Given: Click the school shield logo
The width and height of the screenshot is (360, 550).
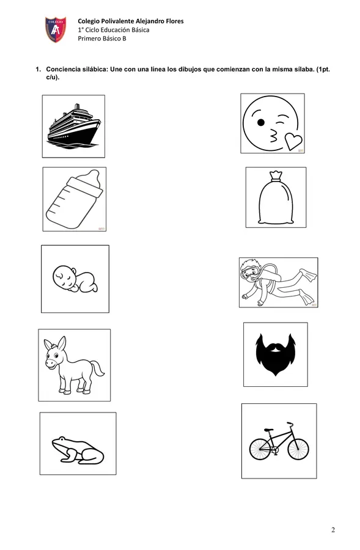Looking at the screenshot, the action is (x=56, y=29).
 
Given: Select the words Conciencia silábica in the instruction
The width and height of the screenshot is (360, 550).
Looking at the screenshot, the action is (x=76, y=69).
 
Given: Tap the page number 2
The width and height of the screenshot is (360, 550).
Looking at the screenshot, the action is (x=333, y=530).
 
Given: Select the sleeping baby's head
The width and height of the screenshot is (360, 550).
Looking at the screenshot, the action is (x=64, y=276).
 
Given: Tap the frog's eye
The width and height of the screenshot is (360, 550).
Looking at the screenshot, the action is (x=62, y=439).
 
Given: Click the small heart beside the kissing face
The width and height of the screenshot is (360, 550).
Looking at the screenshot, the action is (x=293, y=141).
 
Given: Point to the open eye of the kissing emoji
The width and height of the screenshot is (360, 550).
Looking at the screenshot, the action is (x=261, y=122).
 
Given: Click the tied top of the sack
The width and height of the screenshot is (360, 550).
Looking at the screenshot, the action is (x=276, y=176).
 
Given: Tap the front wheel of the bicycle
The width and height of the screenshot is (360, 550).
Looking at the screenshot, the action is (x=298, y=449).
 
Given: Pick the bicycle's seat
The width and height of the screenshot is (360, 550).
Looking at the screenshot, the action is (x=269, y=430).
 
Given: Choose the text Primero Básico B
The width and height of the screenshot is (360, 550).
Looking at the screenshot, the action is (x=101, y=38).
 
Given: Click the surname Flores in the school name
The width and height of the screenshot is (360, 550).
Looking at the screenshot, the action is (x=175, y=21).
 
